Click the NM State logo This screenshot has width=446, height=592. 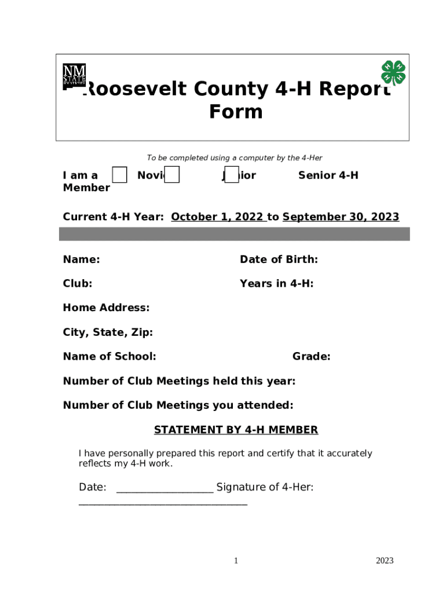(74, 76)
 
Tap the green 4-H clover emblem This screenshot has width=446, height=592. (393, 73)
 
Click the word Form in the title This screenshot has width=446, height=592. (236, 112)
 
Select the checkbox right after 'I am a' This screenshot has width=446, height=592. (119, 175)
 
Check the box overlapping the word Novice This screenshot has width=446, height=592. (171, 175)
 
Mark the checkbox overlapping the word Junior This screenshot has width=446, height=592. (231, 175)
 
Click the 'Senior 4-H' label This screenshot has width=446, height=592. (328, 175)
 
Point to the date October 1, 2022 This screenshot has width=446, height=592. (218, 217)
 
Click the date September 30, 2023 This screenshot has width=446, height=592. (341, 217)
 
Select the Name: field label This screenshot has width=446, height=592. (81, 260)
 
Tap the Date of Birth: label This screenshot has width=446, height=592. (279, 260)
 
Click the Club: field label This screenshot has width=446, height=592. (78, 284)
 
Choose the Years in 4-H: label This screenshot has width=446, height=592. (276, 284)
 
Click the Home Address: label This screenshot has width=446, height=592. (106, 308)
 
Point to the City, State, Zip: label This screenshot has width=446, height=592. (108, 332)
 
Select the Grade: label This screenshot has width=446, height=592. (311, 357)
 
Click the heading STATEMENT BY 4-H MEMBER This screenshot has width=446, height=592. (236, 430)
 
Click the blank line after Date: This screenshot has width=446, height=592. (164, 489)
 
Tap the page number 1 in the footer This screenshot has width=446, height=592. (236, 561)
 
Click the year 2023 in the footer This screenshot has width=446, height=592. (384, 561)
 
